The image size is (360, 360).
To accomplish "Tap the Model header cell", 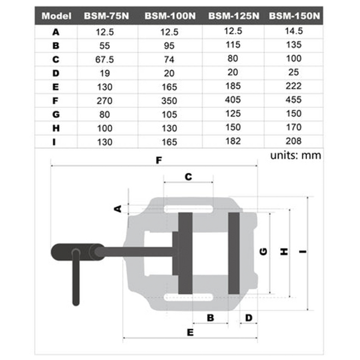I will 55,16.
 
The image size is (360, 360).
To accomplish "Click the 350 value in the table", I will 170,101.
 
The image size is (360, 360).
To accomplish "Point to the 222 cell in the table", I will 295,87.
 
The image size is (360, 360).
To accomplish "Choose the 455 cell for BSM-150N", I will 295,101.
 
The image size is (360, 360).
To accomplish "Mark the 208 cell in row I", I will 295,142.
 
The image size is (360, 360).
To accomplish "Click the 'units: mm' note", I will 295,155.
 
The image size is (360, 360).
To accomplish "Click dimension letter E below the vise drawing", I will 190,332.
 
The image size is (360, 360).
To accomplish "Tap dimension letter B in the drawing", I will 209,317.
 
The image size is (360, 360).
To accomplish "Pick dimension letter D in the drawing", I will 249,317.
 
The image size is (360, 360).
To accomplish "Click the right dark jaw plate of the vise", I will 234,253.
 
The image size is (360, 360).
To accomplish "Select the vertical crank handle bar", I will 76,280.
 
